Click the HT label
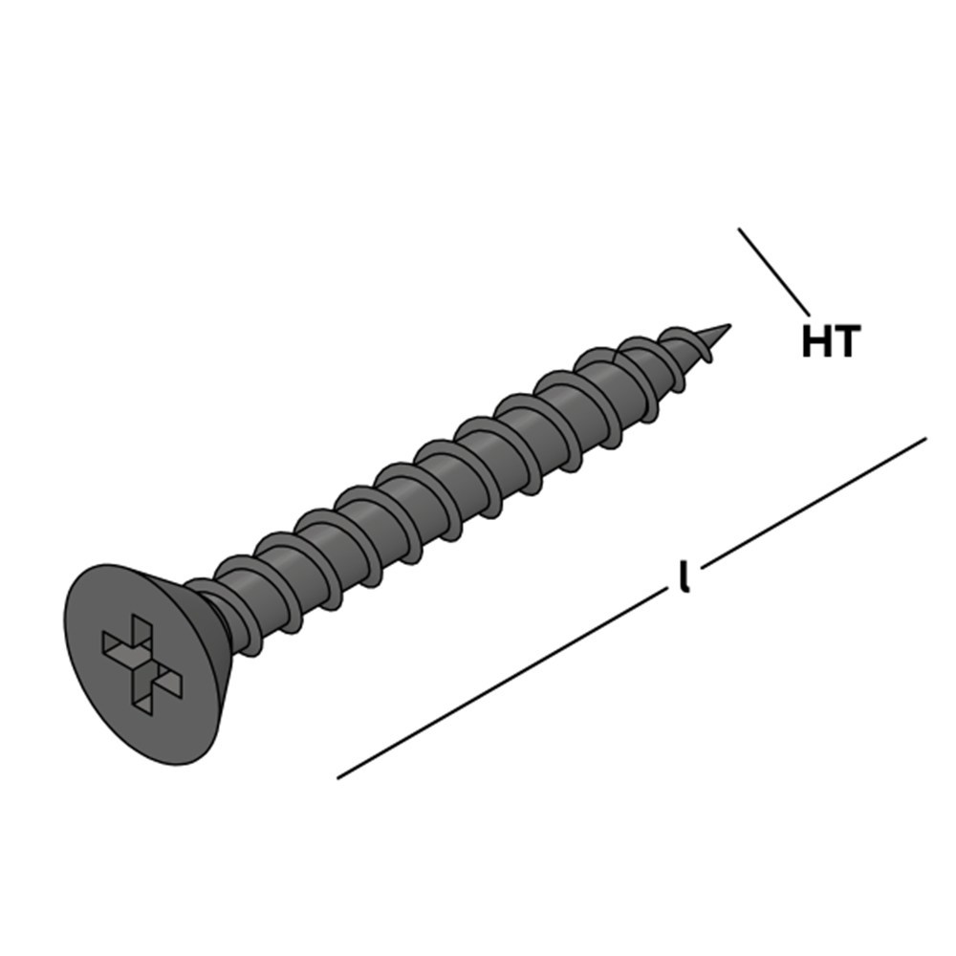(x=831, y=341)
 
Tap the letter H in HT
(x=816, y=341)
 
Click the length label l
(x=684, y=576)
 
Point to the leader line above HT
(x=773, y=272)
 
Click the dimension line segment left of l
(x=502, y=683)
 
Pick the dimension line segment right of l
(x=814, y=503)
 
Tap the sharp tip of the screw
(x=729, y=325)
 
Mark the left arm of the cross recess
(x=117, y=646)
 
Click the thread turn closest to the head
(x=244, y=616)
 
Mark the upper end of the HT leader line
(x=738, y=228)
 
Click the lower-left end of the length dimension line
(x=337, y=778)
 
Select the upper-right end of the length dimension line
(x=926, y=438)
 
